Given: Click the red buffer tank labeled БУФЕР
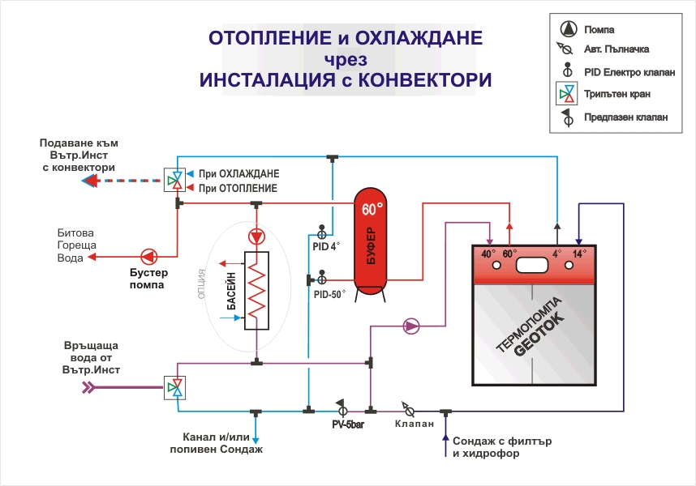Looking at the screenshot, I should coord(372,243).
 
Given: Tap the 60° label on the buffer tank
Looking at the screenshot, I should coord(372,210).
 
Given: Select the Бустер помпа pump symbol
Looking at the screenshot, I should coord(148,257).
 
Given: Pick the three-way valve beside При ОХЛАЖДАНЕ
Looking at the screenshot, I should coord(174,180).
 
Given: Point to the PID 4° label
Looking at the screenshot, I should coord(326,246).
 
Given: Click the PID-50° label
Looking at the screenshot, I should coord(329,296).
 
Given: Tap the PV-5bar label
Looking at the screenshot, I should coord(347,424).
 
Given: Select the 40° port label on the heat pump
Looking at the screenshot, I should coord(488,254).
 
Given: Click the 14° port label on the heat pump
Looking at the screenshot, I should coord(579,254).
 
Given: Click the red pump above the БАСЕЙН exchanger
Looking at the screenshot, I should coord(256,237).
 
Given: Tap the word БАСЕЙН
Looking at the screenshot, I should coord(230,292).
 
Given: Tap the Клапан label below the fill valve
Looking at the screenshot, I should coord(415,424).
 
